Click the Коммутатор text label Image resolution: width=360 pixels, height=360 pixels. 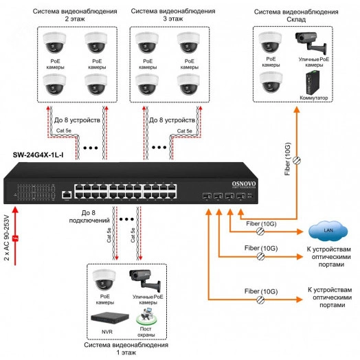[x=313, y=98]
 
